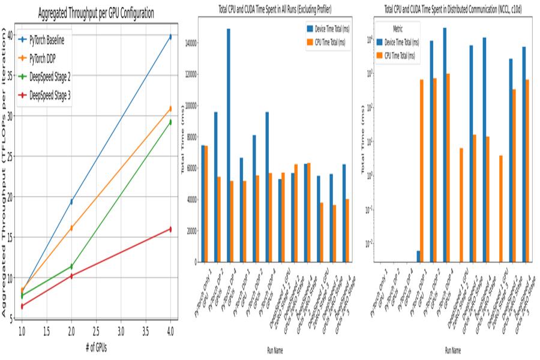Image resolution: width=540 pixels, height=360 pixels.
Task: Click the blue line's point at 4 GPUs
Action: pos(170,37)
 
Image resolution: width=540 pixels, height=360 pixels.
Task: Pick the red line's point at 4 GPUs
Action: pos(170,229)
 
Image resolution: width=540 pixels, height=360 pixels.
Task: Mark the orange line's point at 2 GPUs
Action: pos(71,228)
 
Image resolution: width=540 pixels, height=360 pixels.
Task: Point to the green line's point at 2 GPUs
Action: pos(71,266)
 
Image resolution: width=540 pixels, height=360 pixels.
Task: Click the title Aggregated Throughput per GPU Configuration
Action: pos(96,13)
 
